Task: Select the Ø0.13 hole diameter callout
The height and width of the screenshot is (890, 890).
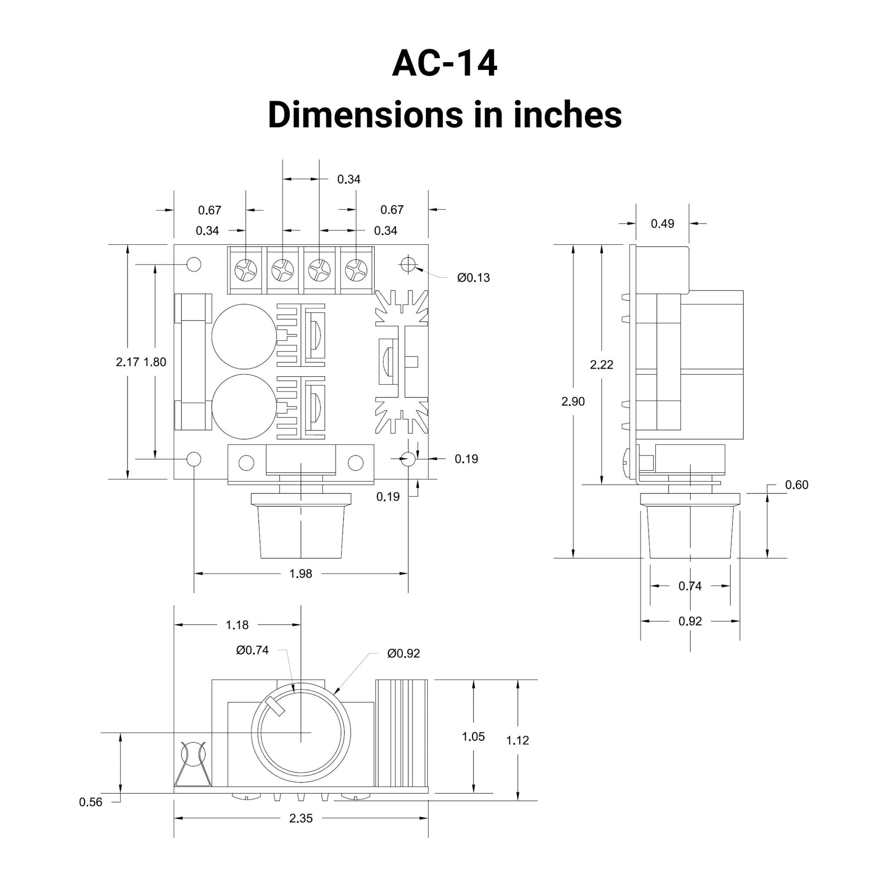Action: [473, 278]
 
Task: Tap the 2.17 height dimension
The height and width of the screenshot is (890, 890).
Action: [127, 362]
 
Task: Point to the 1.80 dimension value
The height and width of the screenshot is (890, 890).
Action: [155, 362]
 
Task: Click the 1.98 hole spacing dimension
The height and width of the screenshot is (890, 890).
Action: [300, 574]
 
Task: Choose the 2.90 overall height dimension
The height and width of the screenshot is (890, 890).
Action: [573, 402]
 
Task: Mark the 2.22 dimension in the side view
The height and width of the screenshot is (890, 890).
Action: [601, 365]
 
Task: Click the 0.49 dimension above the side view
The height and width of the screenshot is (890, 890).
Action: [662, 224]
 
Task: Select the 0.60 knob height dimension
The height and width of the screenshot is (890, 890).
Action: [797, 485]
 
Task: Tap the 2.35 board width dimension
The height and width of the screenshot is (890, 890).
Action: [300, 818]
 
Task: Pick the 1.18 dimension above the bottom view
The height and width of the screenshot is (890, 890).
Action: [237, 625]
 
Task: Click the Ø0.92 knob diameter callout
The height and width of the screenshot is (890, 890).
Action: [403, 654]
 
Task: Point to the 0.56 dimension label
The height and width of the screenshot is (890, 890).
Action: [90, 802]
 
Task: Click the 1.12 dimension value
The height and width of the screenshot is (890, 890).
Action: [517, 740]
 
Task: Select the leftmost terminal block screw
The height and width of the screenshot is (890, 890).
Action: [246, 269]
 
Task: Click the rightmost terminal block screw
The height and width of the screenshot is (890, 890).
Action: [356, 269]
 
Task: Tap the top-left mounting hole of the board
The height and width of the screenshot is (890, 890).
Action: [194, 264]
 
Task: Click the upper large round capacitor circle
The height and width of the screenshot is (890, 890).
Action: [244, 336]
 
